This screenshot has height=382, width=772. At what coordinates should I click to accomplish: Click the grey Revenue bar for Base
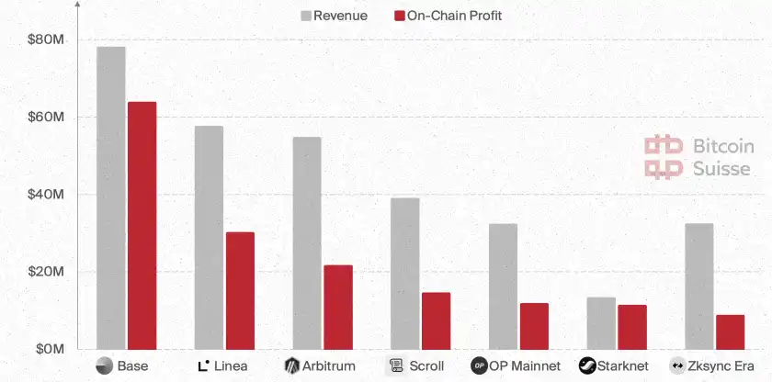pyautogui.click(x=110, y=197)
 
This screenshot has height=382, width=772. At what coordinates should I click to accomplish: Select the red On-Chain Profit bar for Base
pyautogui.click(x=142, y=225)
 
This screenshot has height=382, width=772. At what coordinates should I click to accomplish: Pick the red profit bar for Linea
pyautogui.click(x=240, y=290)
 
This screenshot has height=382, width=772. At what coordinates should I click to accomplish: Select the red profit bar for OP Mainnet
pyautogui.click(x=534, y=326)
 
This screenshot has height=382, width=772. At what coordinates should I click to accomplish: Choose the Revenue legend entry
pyautogui.click(x=333, y=16)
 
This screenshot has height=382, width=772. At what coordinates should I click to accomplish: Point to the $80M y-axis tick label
pyautogui.click(x=45, y=40)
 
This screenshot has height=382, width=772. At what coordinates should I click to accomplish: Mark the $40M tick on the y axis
pyautogui.click(x=45, y=195)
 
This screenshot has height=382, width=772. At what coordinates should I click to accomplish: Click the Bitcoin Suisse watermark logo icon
pyautogui.click(x=663, y=157)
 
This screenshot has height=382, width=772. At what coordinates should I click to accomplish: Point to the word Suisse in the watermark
pyautogui.click(x=721, y=168)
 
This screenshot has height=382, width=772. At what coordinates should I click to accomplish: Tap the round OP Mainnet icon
pyautogui.click(x=479, y=365)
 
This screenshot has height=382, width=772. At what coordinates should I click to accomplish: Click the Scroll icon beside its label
pyautogui.click(x=396, y=365)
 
